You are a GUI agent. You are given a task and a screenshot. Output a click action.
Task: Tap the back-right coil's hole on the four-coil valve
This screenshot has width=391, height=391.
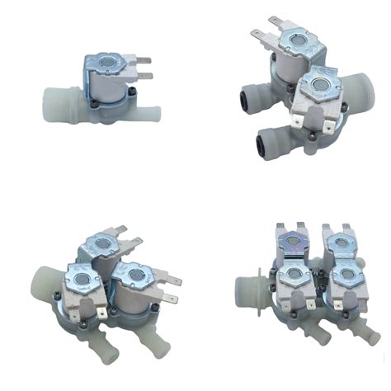click(339, 243)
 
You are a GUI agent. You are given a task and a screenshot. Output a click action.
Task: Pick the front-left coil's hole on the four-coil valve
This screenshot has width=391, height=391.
click(293, 276)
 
